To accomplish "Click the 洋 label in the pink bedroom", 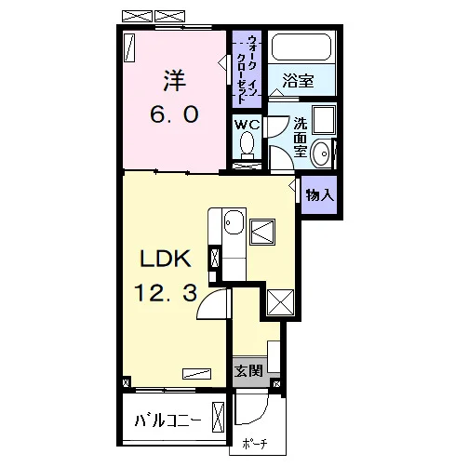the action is [x=175, y=81].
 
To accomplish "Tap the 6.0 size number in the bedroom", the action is [x=174, y=114].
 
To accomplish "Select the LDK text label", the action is [x=166, y=259].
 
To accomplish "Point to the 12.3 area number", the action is [x=166, y=293].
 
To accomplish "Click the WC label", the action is [x=247, y=125].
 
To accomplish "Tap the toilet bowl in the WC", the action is [x=247, y=145].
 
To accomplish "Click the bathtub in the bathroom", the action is [x=301, y=47].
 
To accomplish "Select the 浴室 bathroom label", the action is [x=298, y=81].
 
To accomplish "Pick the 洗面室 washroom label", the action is [x=301, y=138].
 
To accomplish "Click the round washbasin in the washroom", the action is [x=321, y=153].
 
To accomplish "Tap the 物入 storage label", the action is [x=320, y=195].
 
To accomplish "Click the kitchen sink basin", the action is [x=234, y=222].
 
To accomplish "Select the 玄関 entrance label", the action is [x=248, y=371].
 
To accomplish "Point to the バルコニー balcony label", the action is [x=168, y=420].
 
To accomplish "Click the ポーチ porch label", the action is [x=255, y=444].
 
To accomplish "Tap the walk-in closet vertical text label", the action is [x=247, y=69].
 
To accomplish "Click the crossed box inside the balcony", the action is [x=218, y=417].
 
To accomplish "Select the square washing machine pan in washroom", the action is [x=324, y=120].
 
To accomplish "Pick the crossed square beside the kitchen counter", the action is [x=262, y=232].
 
